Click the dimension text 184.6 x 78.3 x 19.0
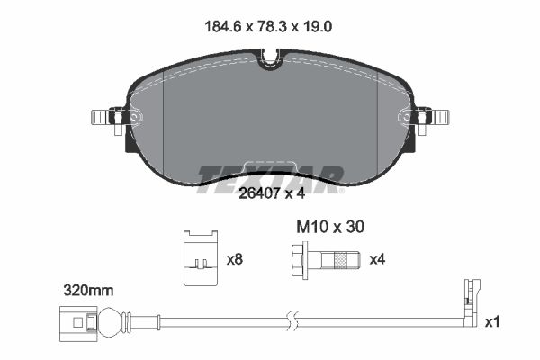(270, 27)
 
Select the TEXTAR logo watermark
(270, 175)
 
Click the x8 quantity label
(235, 259)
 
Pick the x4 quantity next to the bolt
(379, 259)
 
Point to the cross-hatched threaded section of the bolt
(342, 259)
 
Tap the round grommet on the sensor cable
(109, 320)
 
